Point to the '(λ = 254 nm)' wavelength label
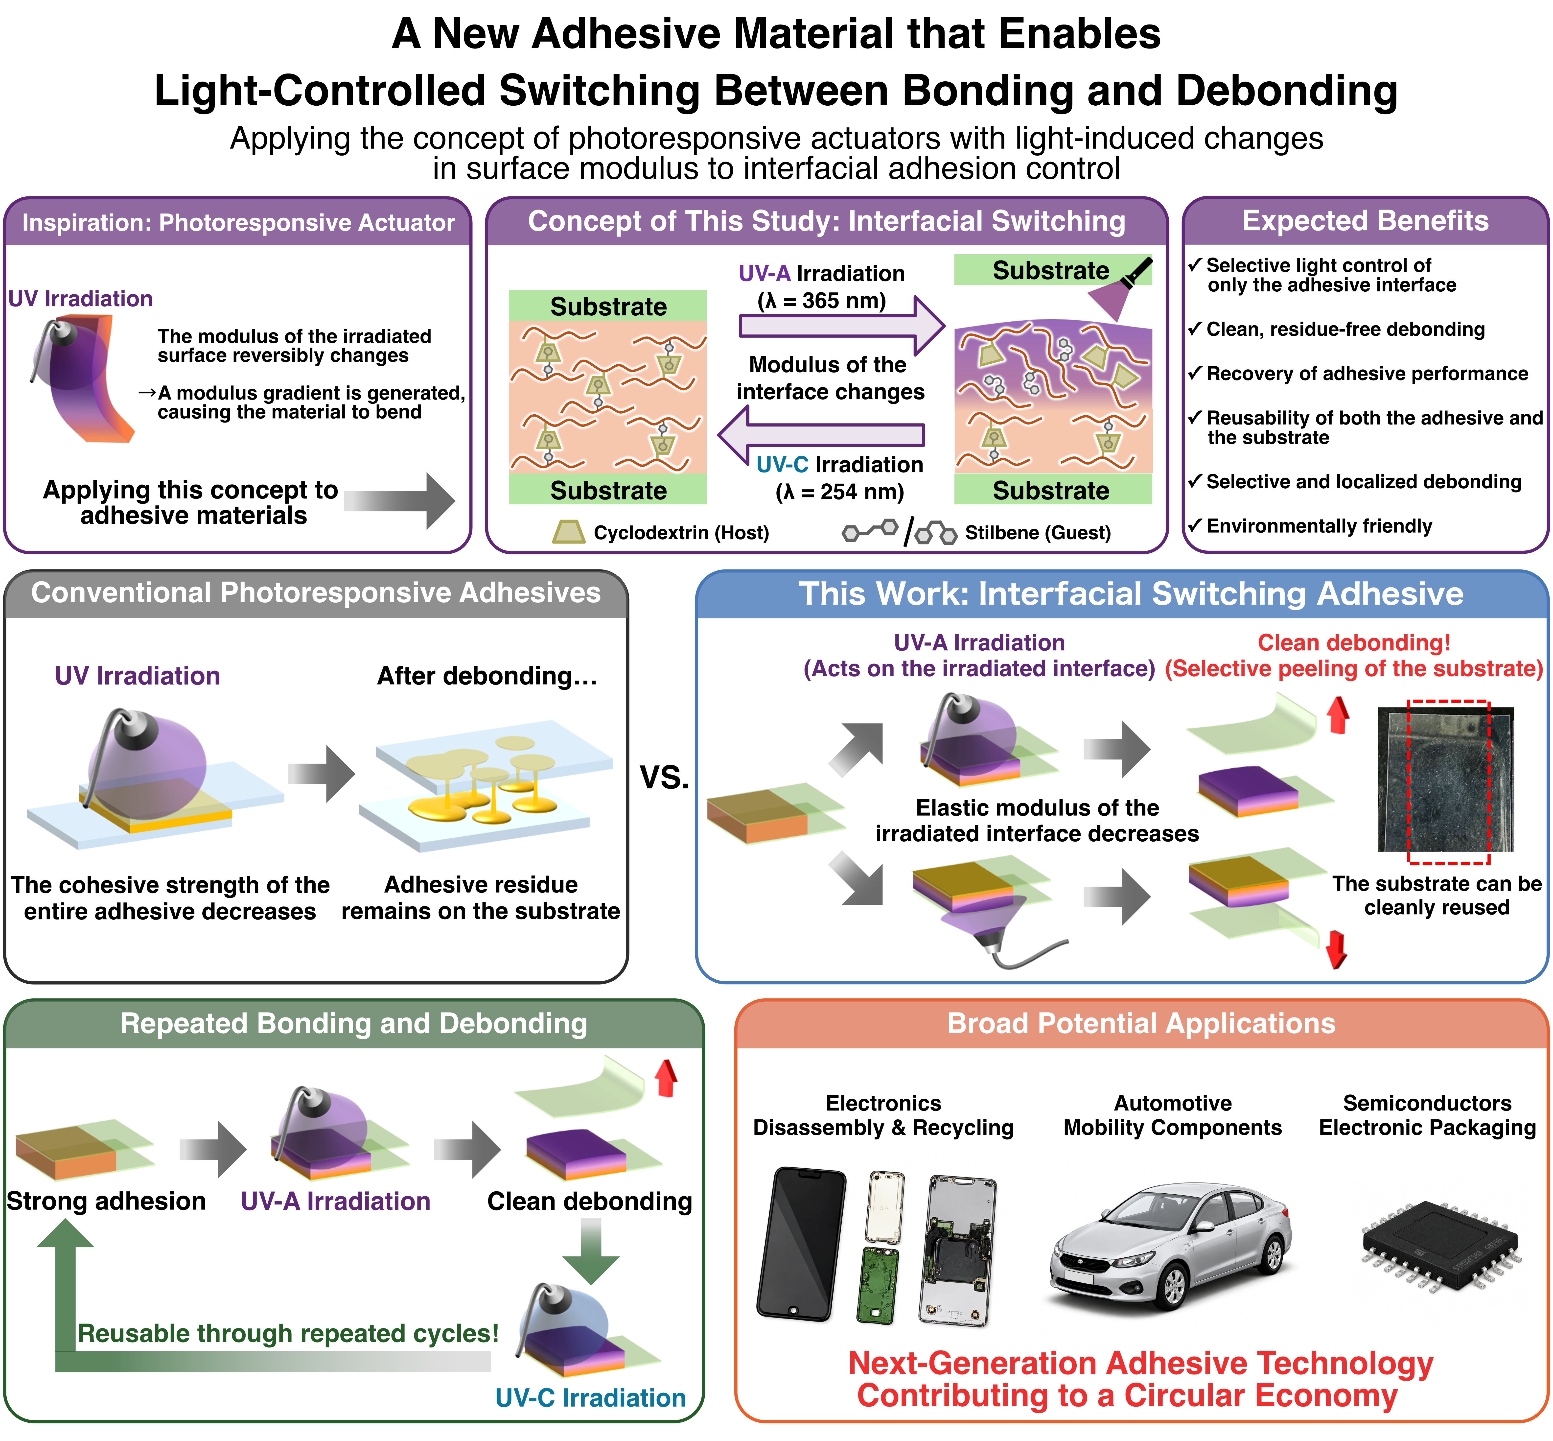tap(840, 492)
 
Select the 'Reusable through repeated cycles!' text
tap(288, 1333)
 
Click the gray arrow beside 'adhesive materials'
tap(399, 501)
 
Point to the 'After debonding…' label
tap(487, 676)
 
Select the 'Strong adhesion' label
tap(106, 1201)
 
